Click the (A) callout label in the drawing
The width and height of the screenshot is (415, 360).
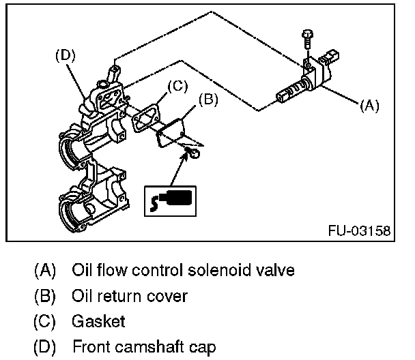pos(369,106)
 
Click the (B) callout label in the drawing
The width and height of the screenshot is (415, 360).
pos(207,100)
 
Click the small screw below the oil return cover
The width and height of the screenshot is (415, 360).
pos(192,154)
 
